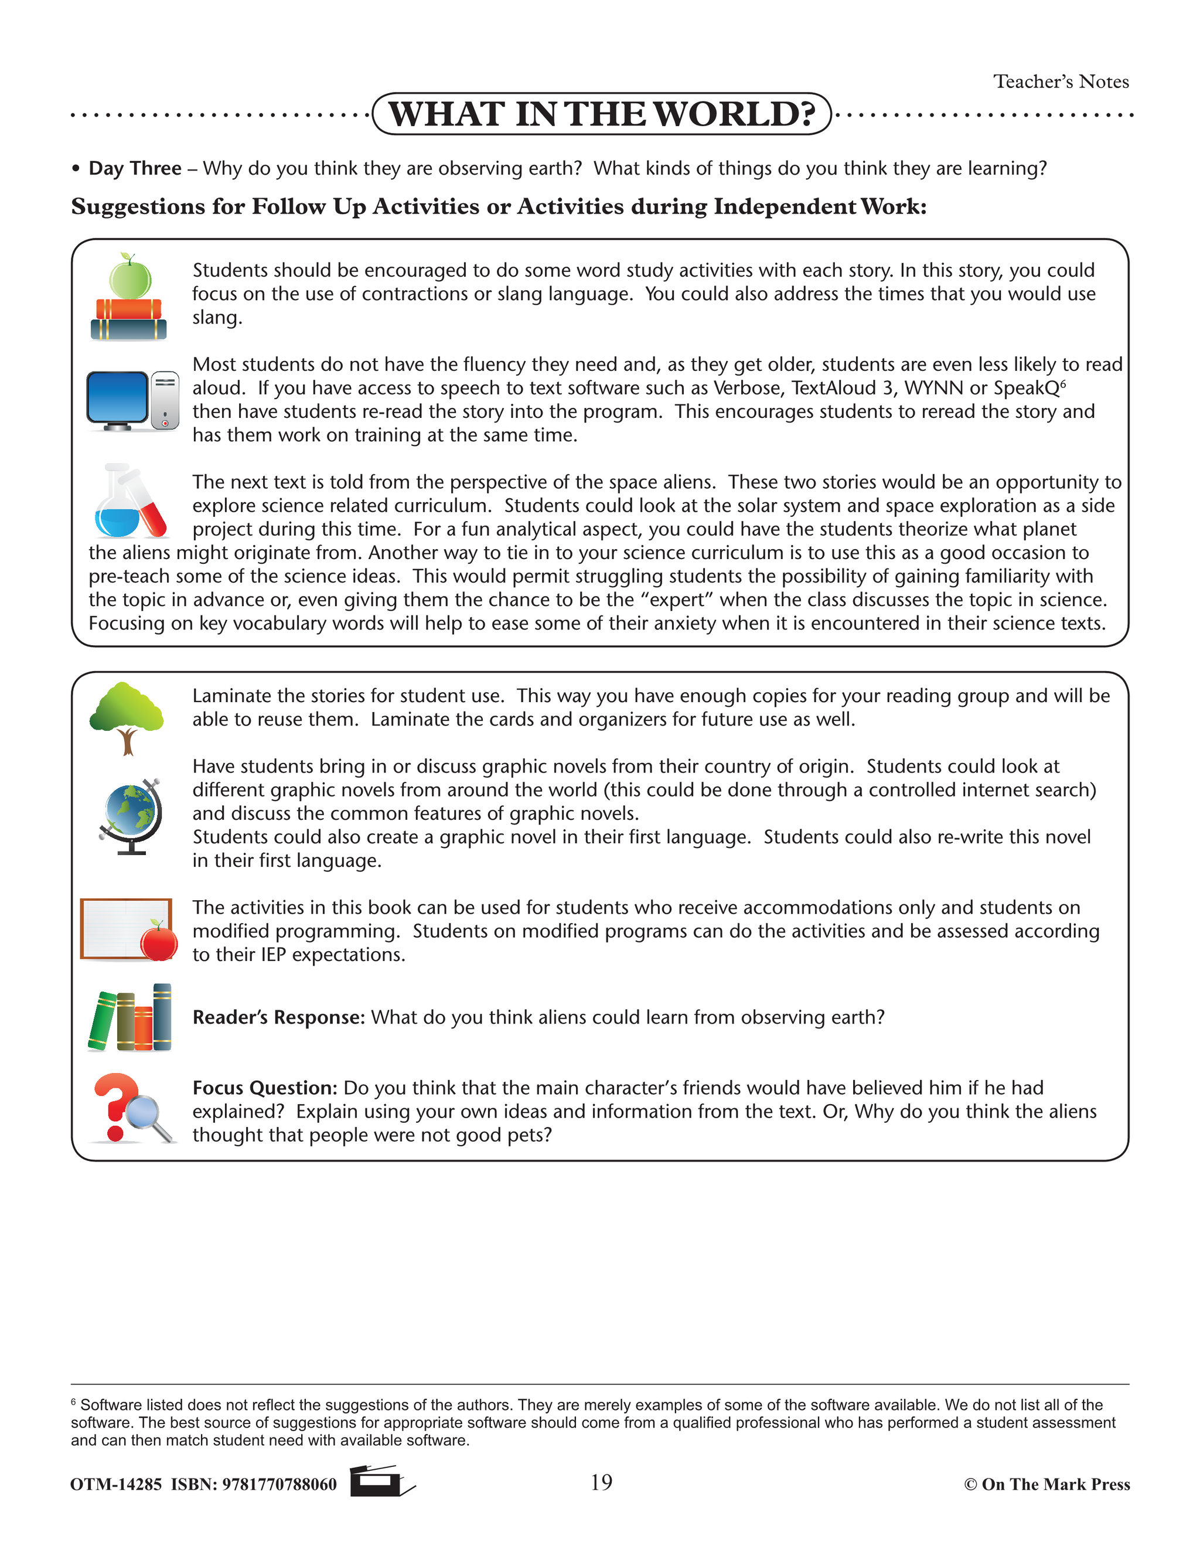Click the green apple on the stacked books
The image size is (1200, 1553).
coord(129,278)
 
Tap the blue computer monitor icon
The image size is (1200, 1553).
coord(118,399)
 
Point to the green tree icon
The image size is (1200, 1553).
coord(127,717)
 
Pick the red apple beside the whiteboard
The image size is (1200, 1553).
coord(159,941)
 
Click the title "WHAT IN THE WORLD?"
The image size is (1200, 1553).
coord(601,114)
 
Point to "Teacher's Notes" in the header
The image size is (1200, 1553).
coord(1061,82)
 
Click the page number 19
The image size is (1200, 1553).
coord(601,1483)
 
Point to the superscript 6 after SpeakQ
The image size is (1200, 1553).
coord(1063,383)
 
